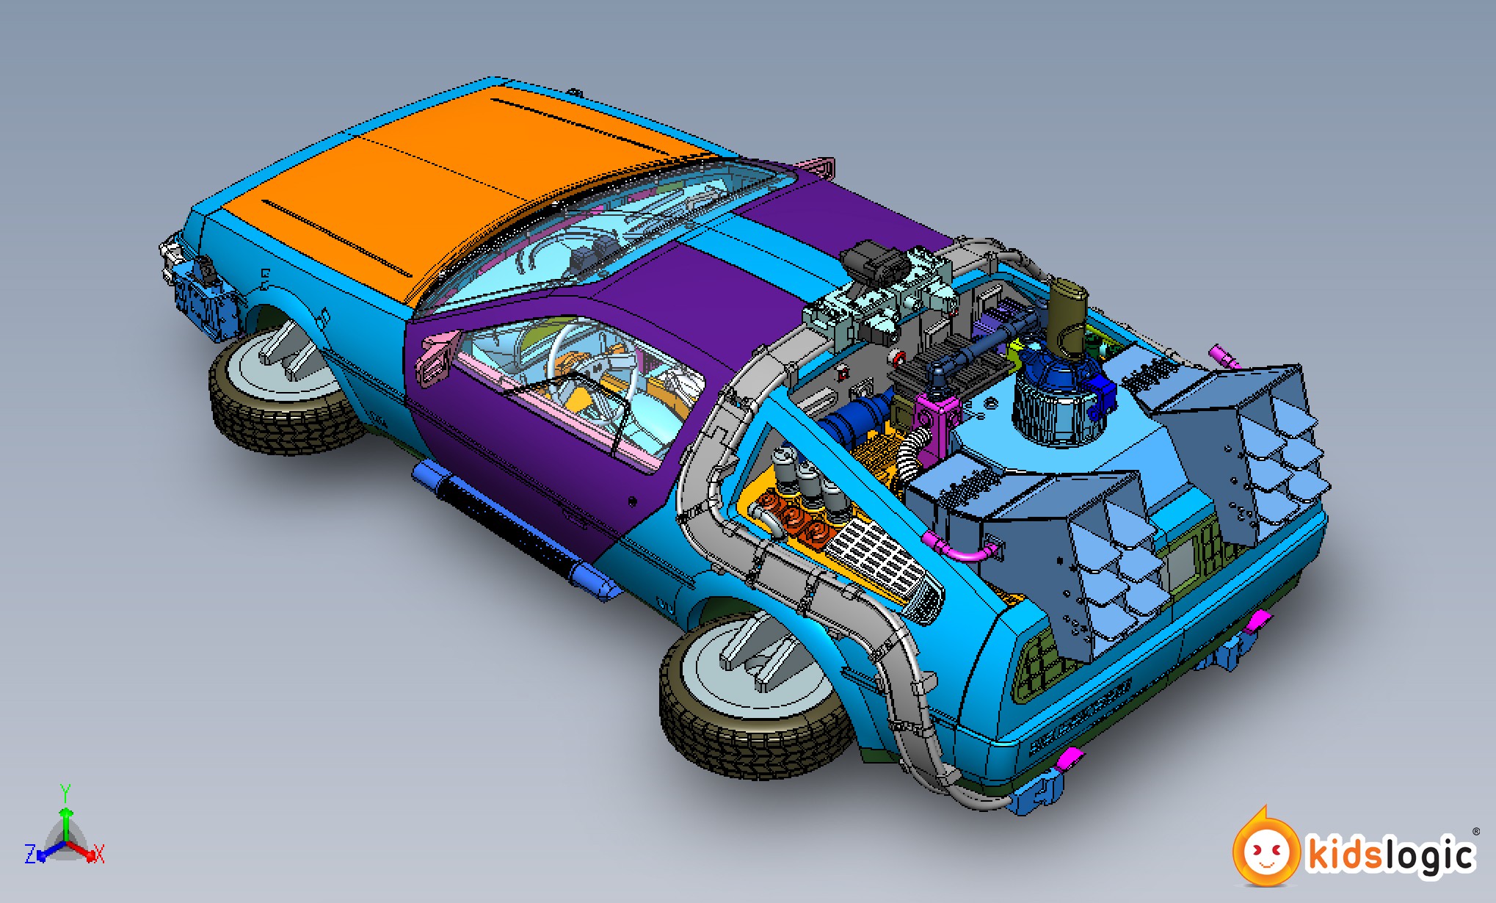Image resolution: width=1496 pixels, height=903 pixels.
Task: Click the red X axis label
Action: click(x=99, y=855)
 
